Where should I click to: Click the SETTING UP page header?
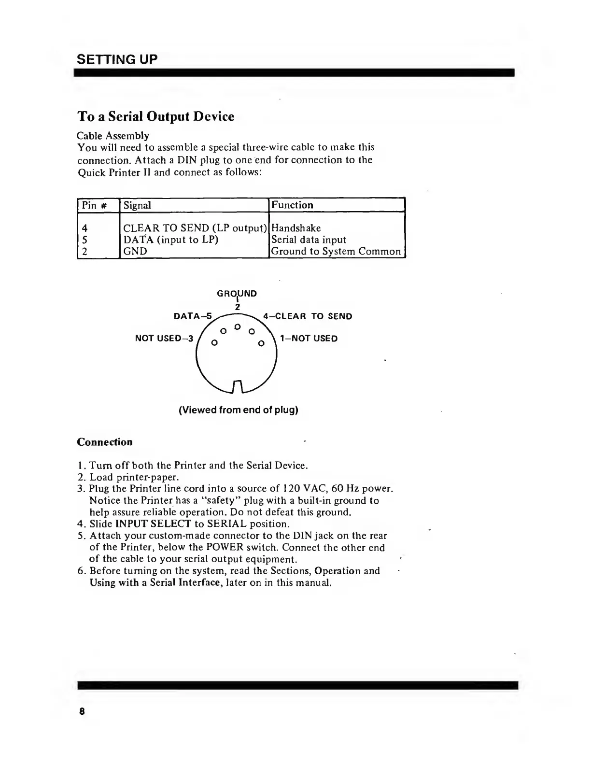point(117,59)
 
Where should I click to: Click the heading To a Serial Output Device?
point(156,117)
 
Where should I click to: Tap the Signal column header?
point(137,205)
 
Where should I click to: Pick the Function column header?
point(292,205)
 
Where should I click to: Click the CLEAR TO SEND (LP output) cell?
point(195,228)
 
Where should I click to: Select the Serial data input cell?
point(309,240)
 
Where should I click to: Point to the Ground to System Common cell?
point(336,251)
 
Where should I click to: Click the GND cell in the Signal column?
point(135,251)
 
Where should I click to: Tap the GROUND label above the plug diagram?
point(237,294)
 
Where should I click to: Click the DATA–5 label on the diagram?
point(192,316)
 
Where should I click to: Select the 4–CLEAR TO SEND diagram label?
point(308,316)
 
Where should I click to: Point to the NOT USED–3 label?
point(164,338)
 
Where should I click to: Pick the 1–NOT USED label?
point(309,338)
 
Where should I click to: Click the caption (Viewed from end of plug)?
point(239,410)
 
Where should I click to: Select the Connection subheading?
point(105,442)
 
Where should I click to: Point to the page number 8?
point(82,711)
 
